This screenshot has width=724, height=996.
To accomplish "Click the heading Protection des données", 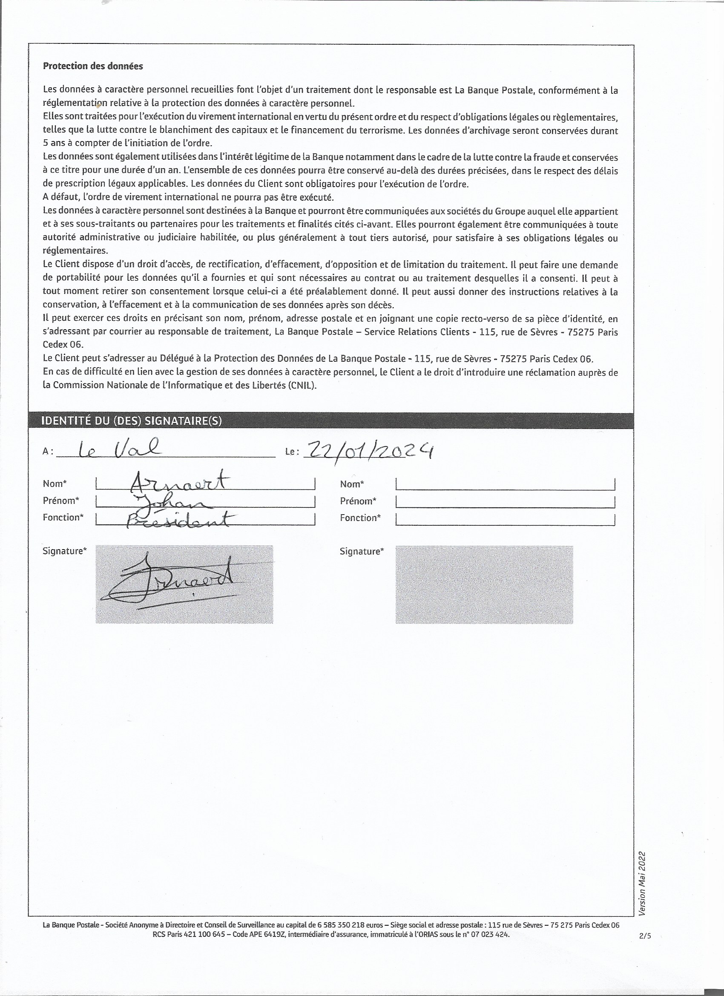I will click(93, 66).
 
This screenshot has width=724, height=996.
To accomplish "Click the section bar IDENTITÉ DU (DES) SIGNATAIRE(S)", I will click(131, 421).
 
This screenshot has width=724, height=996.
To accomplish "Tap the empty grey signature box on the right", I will click(484, 584).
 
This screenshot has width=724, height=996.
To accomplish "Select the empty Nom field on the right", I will click(505, 484).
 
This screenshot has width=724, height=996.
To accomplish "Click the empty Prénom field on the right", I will click(505, 501).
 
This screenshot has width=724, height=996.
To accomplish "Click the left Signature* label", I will click(65, 551).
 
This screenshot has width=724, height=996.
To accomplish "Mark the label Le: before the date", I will click(292, 451).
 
